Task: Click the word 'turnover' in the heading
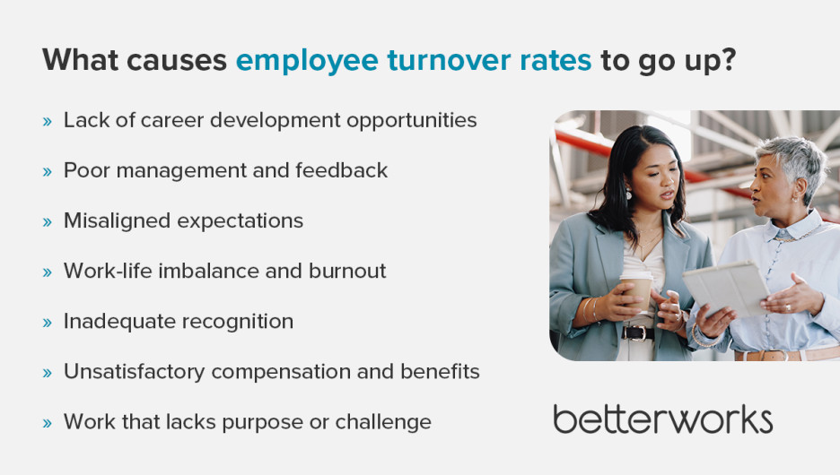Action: click(449, 60)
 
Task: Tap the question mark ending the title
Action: click(728, 59)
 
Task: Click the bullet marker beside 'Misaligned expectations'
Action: click(48, 221)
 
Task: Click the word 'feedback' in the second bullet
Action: click(341, 170)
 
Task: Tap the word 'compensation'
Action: click(281, 372)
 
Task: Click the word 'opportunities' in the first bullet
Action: click(411, 121)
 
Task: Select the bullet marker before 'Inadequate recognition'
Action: click(48, 322)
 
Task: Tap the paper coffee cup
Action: click(636, 290)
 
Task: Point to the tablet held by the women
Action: click(726, 289)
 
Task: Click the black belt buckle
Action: click(637, 333)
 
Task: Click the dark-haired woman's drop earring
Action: click(628, 194)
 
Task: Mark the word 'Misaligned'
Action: click(117, 221)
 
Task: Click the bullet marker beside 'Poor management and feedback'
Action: click(48, 171)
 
